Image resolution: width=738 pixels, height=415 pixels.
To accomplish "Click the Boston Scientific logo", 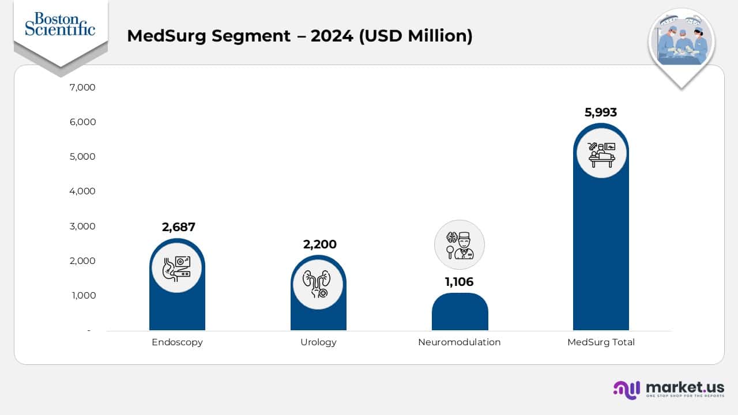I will tap(60, 24).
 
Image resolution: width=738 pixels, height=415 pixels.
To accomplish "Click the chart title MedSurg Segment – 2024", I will tap(299, 36).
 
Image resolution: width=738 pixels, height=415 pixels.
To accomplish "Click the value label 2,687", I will tap(179, 227).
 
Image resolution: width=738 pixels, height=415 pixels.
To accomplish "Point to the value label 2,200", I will tap(319, 244).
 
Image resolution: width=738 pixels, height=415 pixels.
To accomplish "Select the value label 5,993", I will tap(601, 112).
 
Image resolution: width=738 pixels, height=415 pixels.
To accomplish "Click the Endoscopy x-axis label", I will tap(177, 342).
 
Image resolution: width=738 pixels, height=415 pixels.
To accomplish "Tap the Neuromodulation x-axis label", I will tap(459, 342).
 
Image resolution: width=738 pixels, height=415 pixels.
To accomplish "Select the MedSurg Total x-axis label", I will tap(601, 342).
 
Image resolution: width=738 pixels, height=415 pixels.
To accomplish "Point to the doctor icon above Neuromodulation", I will tap(460, 245).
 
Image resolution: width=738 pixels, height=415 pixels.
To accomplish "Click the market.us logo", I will tap(668, 389).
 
